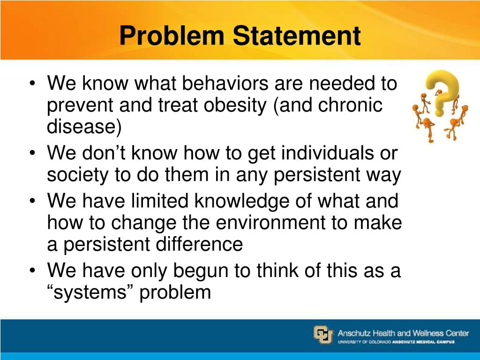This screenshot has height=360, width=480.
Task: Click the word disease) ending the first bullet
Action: [84, 127]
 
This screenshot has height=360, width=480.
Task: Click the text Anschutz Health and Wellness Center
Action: [403, 333]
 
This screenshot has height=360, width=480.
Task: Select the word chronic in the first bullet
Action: [350, 105]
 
